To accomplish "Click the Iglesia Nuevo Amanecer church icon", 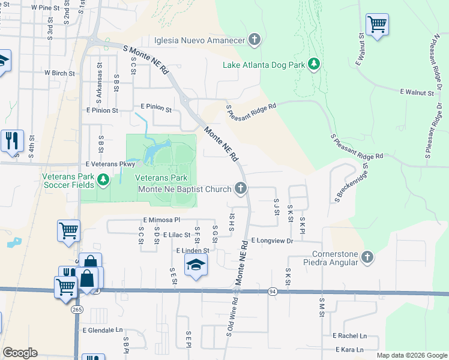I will point(255,40).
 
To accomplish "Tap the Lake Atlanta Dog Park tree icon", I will point(313,64).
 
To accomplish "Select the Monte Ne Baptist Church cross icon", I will point(241,189).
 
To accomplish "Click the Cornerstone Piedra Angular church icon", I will point(367,257).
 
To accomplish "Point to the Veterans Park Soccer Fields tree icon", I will point(103,179).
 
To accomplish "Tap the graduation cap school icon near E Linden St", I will point(196,265).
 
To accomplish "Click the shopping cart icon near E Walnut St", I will point(377,25).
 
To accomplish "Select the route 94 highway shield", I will point(273,291).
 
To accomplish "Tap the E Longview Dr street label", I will point(272,240).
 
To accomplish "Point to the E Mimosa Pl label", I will point(161,220).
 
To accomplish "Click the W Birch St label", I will point(59,73).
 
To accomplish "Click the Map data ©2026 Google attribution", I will point(411,355).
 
